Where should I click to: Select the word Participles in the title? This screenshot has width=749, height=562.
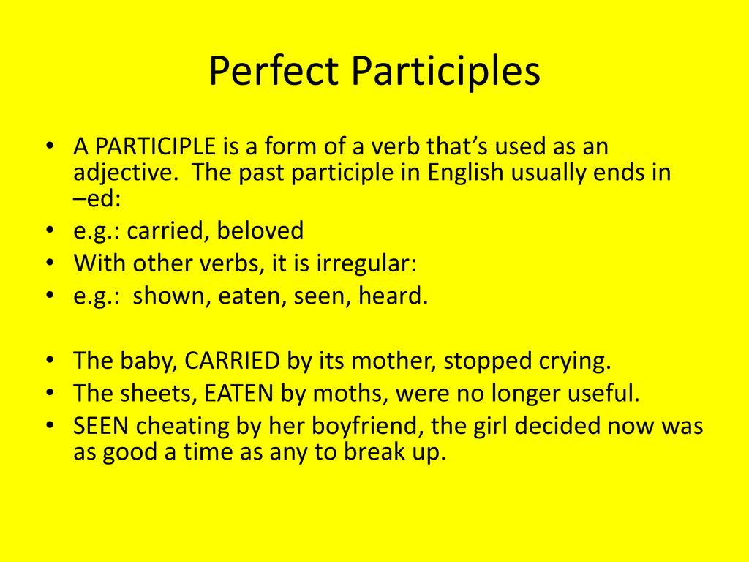pyautogui.click(x=446, y=72)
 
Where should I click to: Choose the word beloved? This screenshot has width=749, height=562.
pyautogui.click(x=260, y=231)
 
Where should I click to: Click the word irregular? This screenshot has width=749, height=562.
pyautogui.click(x=366, y=263)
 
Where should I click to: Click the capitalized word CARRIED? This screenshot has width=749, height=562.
pyautogui.click(x=233, y=361)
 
